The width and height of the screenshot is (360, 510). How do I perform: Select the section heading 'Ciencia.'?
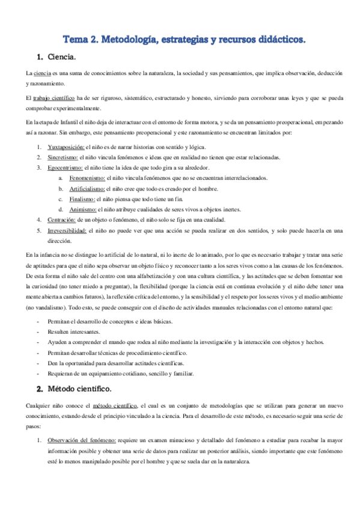click(x=61, y=58)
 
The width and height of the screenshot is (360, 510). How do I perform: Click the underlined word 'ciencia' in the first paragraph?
click(x=43, y=73)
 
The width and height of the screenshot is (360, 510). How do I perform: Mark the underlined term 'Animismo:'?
click(x=82, y=209)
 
